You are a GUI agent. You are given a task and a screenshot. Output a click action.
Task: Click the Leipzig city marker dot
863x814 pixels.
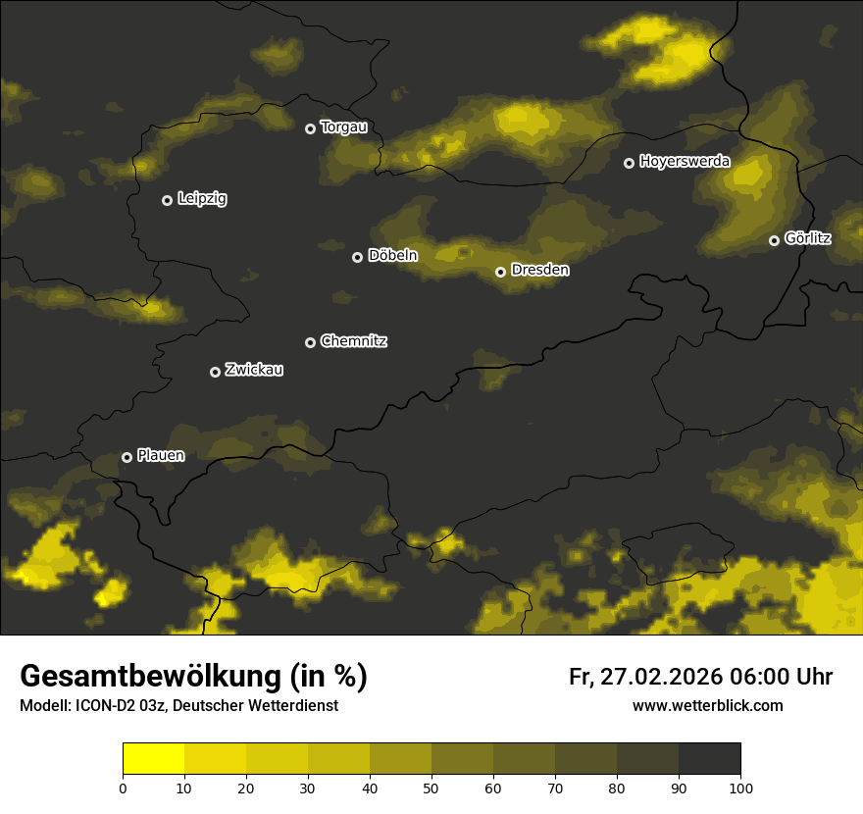pos(167,200)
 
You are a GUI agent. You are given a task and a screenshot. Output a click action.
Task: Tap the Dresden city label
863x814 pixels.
pos(539,270)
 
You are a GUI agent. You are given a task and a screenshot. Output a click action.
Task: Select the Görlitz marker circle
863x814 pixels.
pos(774,240)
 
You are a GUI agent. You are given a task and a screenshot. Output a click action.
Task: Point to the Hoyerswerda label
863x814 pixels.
pos(685,161)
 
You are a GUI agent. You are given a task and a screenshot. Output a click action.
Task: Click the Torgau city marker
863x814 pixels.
pos(310,128)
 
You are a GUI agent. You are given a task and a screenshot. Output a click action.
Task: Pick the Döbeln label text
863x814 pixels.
pos(392,256)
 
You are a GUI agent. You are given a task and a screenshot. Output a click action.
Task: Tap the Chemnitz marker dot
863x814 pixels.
pos(310,342)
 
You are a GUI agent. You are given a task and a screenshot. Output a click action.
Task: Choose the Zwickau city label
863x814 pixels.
pos(254,370)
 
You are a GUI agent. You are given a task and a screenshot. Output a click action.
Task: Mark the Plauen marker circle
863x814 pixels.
pos(127,457)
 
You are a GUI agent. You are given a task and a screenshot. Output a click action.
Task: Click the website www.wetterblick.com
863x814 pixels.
pos(707,705)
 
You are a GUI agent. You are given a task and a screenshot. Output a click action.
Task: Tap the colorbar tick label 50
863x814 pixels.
pos(431,788)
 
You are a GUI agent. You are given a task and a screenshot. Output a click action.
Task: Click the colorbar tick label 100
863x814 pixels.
pos(740,788)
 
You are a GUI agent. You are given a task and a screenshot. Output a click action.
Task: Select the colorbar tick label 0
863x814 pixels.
pos(123,788)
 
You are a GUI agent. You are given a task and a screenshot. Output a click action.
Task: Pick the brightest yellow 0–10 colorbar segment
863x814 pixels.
pos(153,759)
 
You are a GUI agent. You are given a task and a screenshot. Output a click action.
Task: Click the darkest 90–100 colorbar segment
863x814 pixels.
pos(709,759)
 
